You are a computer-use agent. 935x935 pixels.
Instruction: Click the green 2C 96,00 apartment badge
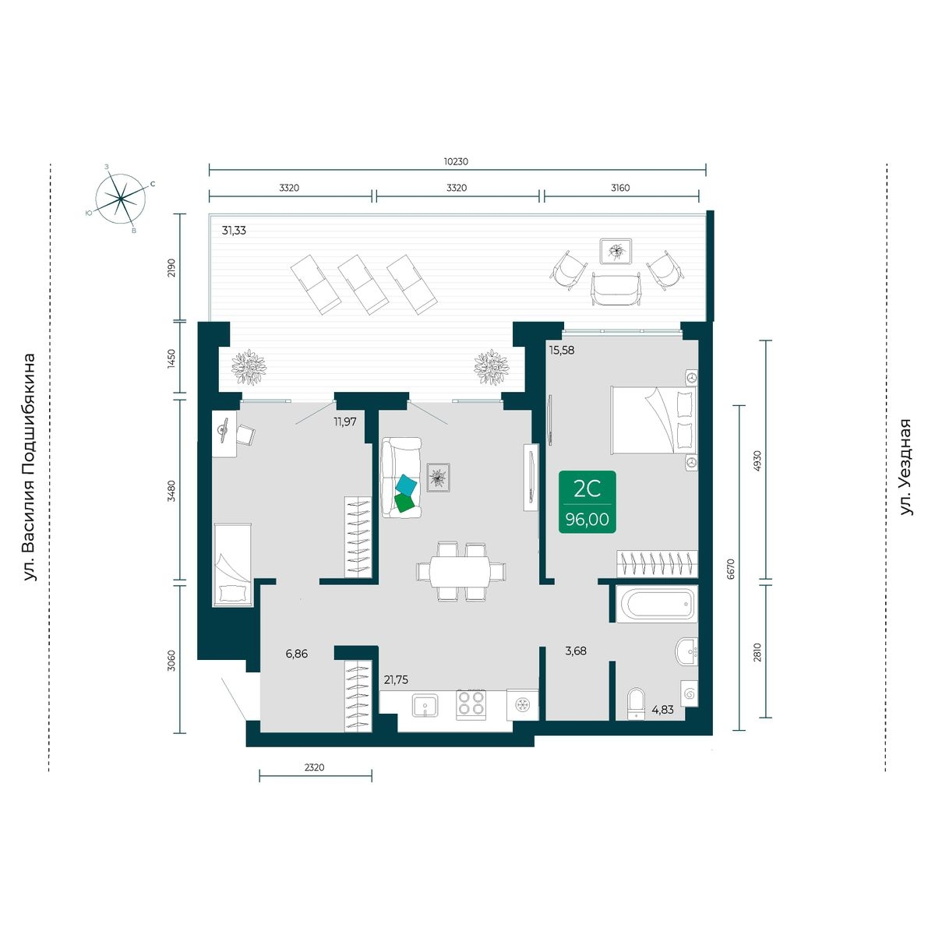coord(587,502)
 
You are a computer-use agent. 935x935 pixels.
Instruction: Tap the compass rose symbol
coord(120,199)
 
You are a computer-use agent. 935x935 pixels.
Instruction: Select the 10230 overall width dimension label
coord(456,161)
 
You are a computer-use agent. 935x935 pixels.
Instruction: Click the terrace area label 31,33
coord(234,231)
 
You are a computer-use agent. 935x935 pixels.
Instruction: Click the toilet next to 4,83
coord(636,703)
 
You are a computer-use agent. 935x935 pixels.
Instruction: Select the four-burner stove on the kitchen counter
coord(471,704)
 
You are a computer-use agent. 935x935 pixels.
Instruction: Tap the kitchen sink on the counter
coord(425,705)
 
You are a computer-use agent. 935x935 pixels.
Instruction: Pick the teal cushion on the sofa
coord(406,484)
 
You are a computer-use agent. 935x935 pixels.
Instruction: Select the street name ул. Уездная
coord(905,467)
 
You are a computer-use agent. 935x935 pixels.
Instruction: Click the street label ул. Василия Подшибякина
coord(30,467)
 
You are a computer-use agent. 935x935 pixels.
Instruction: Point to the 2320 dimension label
coord(315,767)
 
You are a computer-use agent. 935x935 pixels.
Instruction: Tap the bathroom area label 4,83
coord(662,709)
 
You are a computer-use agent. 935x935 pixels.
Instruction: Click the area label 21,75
coord(396,679)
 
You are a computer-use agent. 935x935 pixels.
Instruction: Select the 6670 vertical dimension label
coord(731,569)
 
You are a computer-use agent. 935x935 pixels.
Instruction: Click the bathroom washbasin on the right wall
coord(686,651)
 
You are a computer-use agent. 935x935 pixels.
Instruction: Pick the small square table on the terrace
coord(616,251)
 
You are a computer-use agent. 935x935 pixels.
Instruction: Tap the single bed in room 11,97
coord(232,564)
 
